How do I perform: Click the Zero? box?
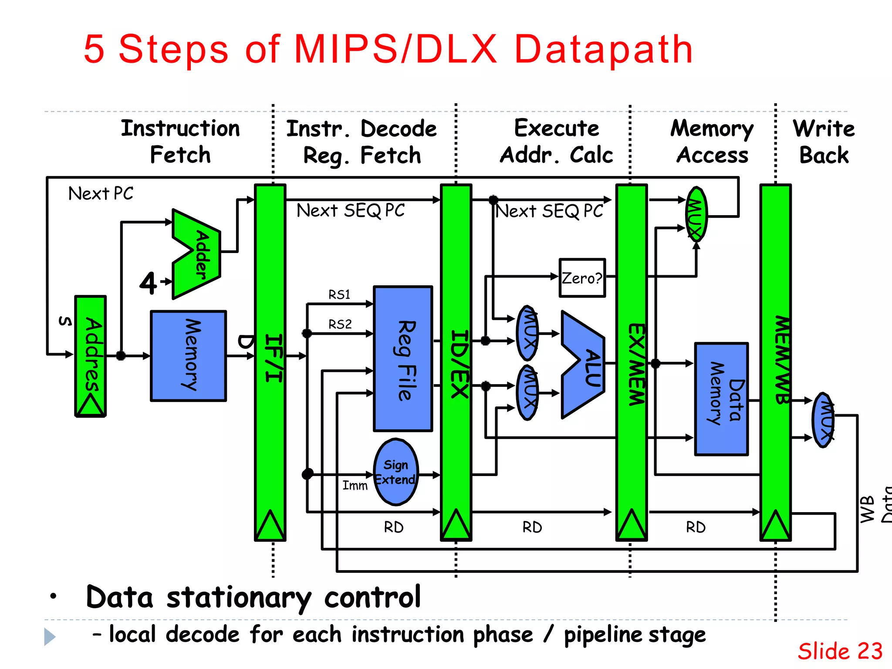coord(582,278)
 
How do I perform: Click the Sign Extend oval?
coord(395,472)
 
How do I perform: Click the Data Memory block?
coord(721,399)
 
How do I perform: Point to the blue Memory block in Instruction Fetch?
coord(188,355)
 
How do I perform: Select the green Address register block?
coord(91,355)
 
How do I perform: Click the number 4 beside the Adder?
coord(148,284)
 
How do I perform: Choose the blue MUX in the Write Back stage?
coord(823,420)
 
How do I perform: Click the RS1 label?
coord(339,295)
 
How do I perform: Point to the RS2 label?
coord(340,324)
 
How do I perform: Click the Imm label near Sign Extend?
coord(355,485)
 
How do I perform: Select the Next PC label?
coord(101,193)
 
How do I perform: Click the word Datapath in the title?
coord(603,49)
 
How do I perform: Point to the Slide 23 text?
coord(839,651)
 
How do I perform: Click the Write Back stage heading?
coord(823,142)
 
